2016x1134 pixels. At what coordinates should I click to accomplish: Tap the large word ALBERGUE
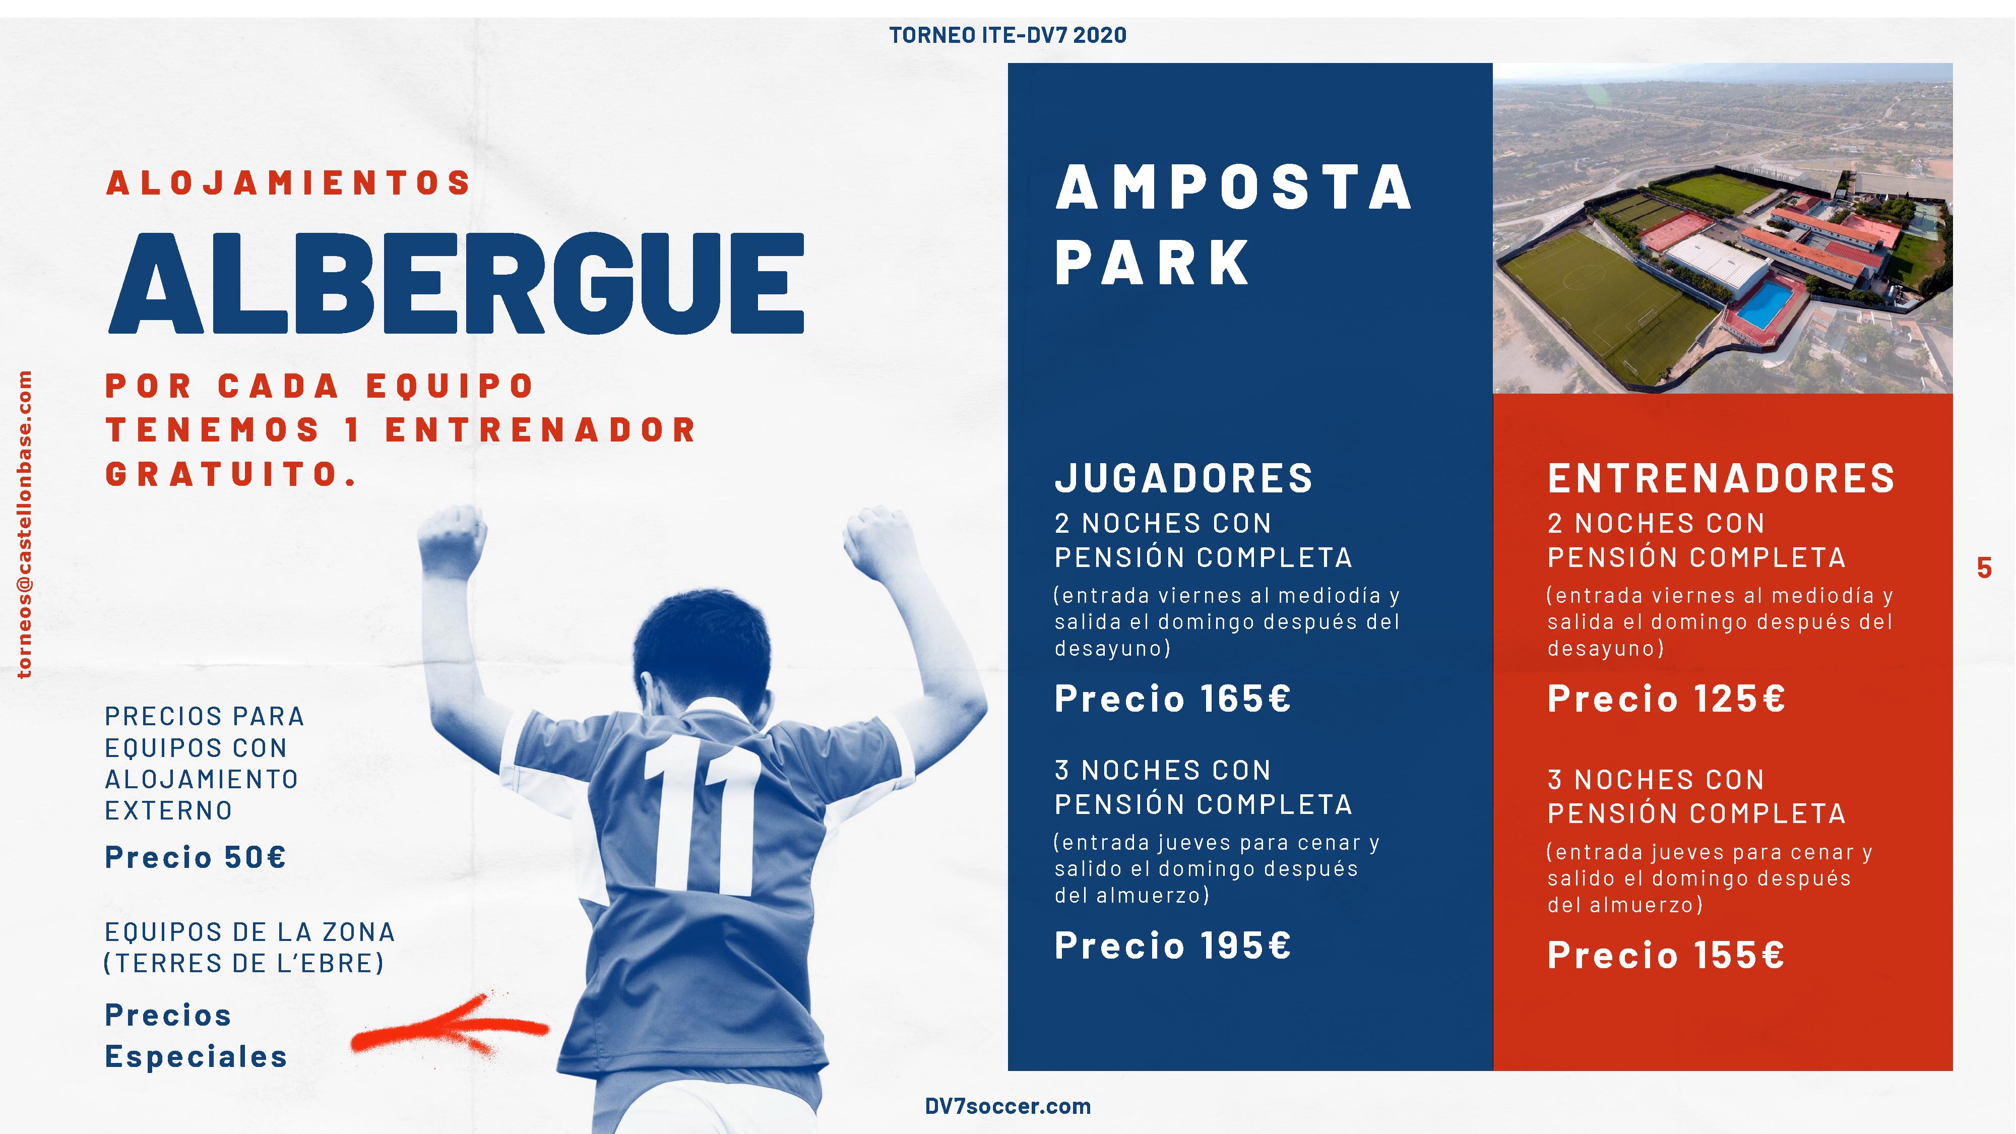[x=456, y=283]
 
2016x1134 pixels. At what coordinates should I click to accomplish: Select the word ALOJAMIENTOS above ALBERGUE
[x=288, y=183]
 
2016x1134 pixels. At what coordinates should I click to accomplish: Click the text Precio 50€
[x=196, y=857]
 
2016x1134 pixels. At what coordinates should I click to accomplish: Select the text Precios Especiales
[x=196, y=1035]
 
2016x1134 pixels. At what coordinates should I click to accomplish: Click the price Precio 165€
[x=1172, y=698]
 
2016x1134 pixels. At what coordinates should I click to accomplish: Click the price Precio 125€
[x=1666, y=698]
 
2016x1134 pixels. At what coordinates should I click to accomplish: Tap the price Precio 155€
[x=1666, y=955]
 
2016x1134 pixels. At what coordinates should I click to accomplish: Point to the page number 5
[x=1984, y=568]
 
